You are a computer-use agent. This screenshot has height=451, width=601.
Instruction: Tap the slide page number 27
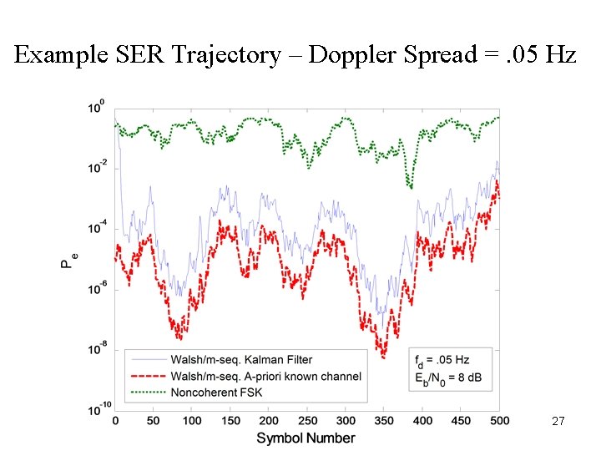pos(558,423)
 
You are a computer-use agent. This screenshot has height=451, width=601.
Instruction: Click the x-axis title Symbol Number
pos(306,438)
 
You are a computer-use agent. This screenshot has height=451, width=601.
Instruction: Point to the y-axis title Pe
pos(68,261)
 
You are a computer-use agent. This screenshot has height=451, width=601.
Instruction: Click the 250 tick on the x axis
pos(307,421)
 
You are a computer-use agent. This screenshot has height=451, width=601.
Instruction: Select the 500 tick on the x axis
pos(499,421)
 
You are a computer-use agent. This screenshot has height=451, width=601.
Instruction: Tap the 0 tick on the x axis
pos(115,421)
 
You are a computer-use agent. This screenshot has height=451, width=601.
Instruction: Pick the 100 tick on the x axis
pos(192,421)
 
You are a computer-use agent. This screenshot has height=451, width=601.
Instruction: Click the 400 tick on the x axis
pos(422,421)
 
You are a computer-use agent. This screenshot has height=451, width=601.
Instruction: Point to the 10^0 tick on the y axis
pos(97,109)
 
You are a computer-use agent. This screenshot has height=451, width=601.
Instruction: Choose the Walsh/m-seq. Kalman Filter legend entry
pos(241,360)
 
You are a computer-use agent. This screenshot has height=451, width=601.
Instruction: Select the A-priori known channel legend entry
pos(265,376)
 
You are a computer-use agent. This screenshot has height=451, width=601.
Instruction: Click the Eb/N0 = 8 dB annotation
pos(448,378)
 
